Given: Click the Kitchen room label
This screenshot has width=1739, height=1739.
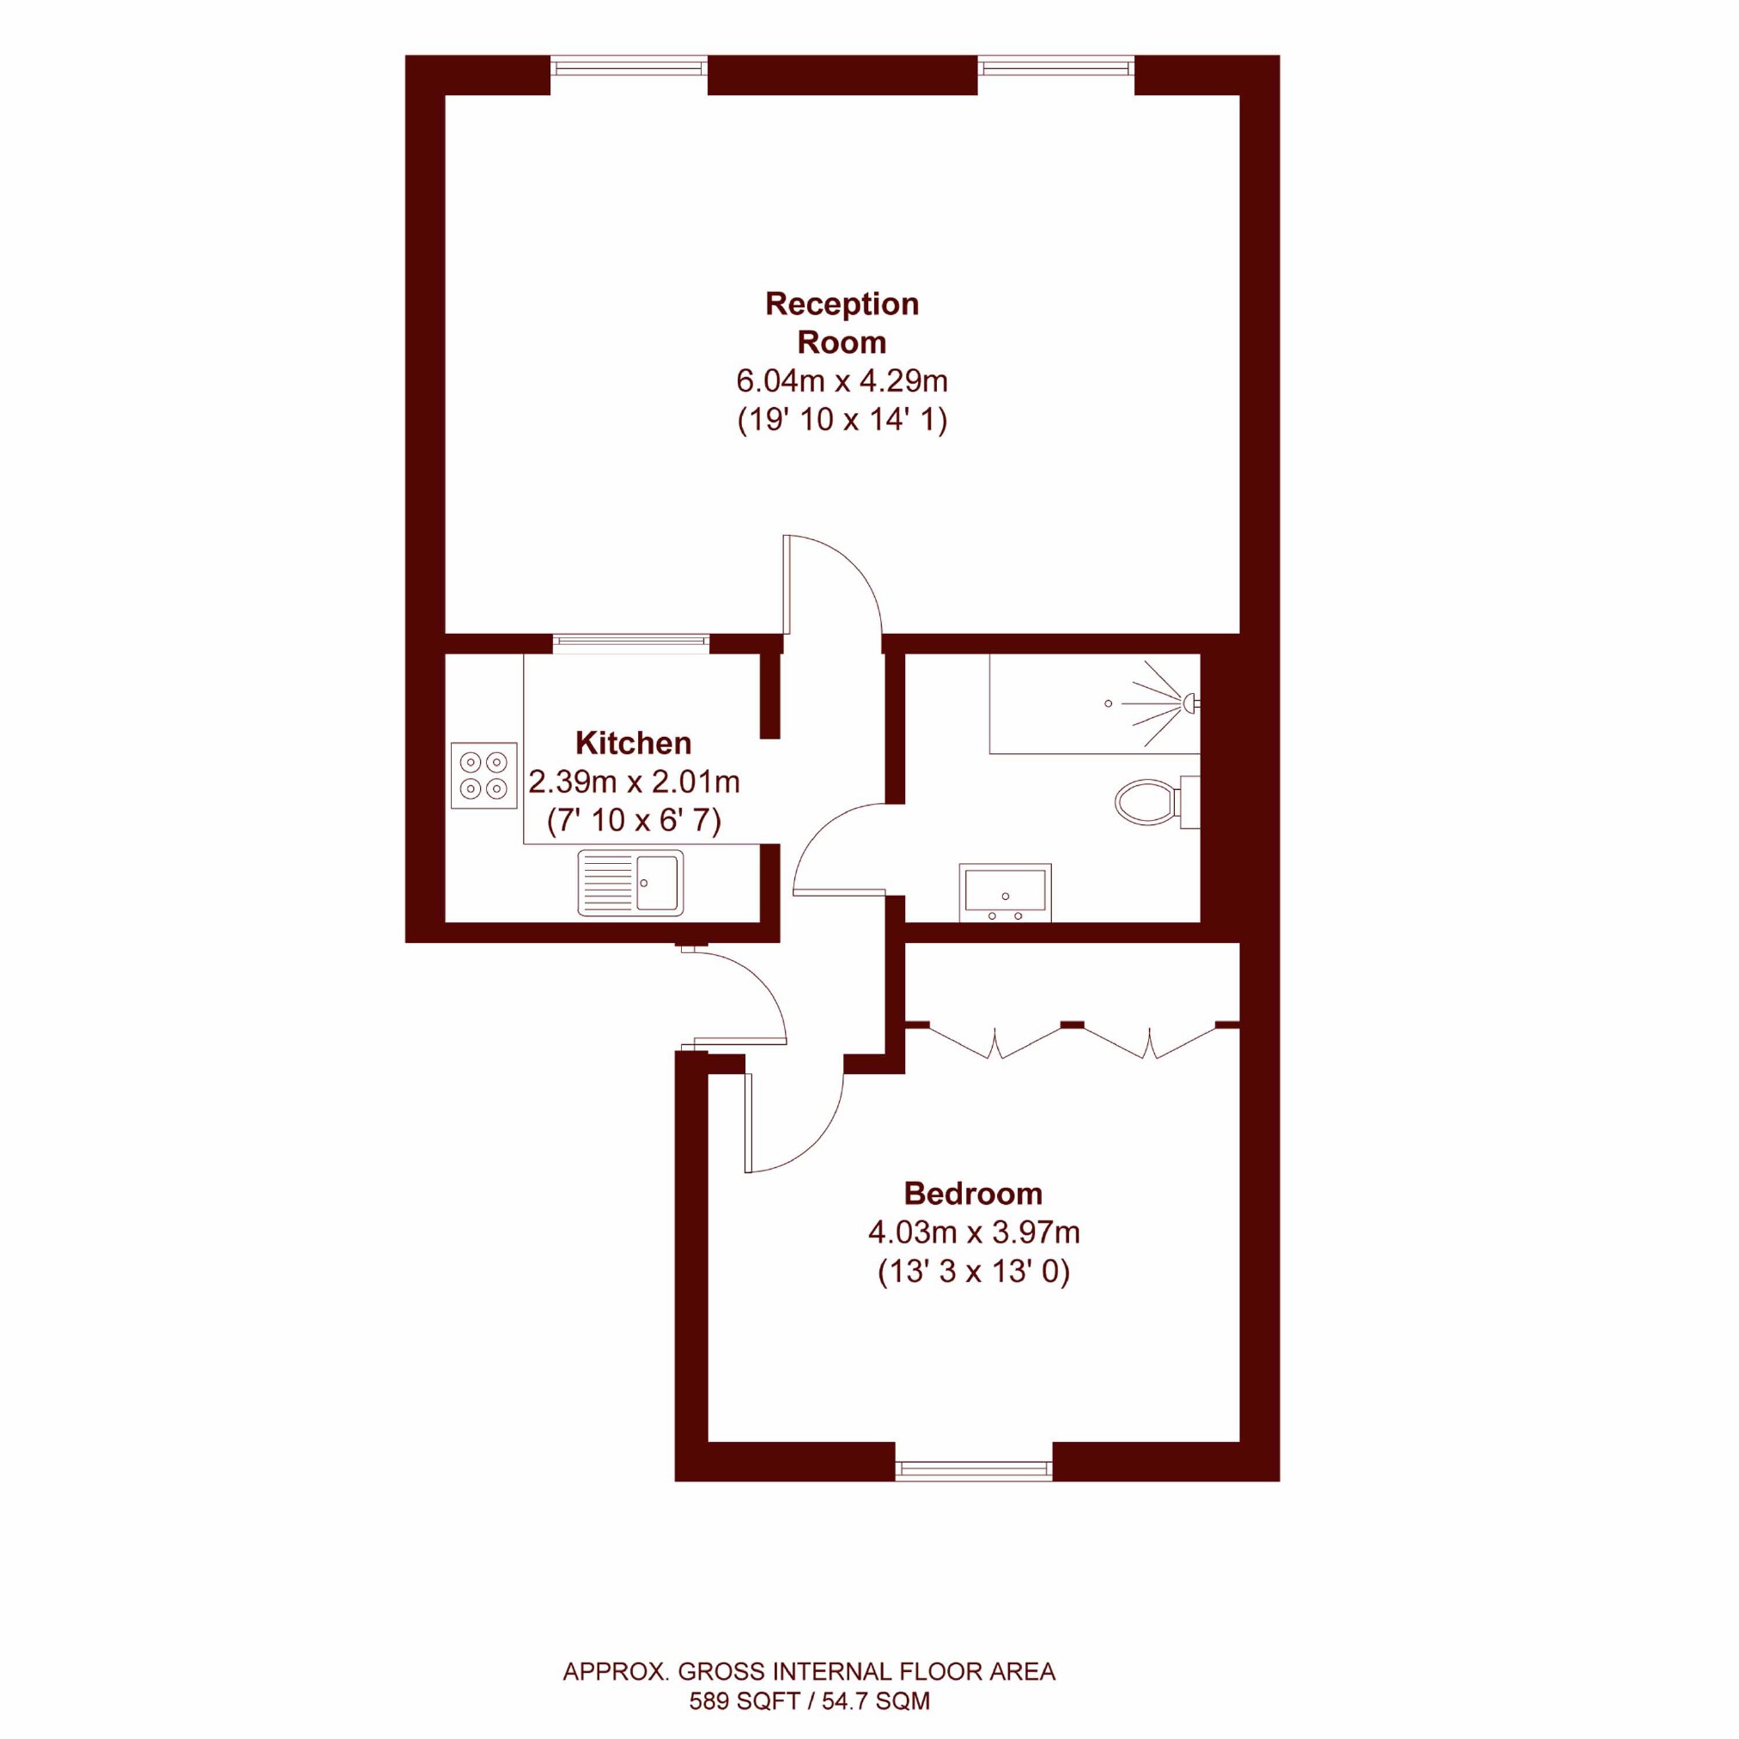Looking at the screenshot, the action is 634,744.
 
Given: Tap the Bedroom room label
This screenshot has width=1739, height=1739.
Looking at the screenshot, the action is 973,1194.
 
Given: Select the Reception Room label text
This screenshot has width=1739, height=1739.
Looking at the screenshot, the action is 842,323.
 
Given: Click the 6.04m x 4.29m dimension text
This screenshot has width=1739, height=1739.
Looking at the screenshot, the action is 842,381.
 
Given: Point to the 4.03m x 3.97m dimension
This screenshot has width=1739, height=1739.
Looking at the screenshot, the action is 973,1232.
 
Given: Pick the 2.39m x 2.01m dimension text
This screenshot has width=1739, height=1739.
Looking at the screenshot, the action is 634,782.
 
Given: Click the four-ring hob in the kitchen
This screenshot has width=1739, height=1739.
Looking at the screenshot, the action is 484,775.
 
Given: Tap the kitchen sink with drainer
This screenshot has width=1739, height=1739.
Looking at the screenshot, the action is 630,883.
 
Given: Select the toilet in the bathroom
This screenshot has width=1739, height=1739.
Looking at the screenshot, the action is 1158,801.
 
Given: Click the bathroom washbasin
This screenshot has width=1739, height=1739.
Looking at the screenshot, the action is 1006,893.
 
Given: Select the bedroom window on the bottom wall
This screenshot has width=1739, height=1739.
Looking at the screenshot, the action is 974,1470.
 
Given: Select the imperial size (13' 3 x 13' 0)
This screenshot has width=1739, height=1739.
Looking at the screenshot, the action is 973,1272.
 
